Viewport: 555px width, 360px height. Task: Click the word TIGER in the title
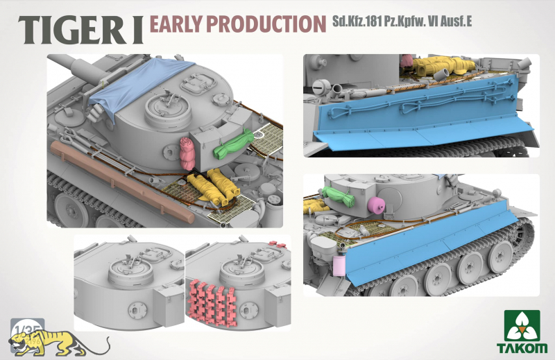[x=71, y=30]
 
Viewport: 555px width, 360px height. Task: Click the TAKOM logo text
[x=522, y=348]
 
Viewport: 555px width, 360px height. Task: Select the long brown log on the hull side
[x=122, y=181]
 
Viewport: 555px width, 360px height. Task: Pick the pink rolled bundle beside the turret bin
[x=187, y=153]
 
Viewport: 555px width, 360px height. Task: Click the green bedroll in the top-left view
[x=234, y=144]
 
